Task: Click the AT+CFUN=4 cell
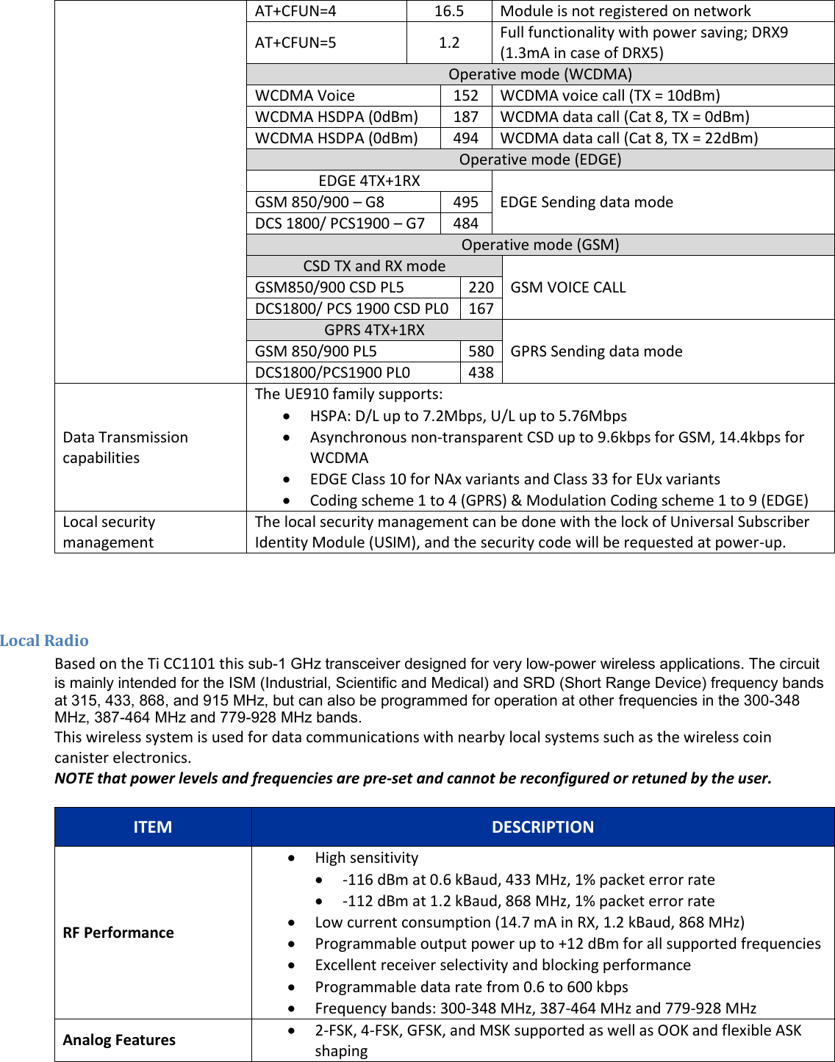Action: tap(295, 11)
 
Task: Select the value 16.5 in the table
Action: tap(449, 11)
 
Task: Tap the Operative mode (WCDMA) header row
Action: tap(540, 74)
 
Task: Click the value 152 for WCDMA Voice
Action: tap(466, 96)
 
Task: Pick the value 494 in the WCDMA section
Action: tap(466, 138)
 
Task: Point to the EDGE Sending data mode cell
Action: tap(587, 202)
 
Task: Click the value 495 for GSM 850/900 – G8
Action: tap(466, 202)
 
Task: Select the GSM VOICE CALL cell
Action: tap(568, 287)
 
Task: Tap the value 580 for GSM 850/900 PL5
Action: tap(481, 351)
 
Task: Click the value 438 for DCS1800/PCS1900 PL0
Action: tap(481, 373)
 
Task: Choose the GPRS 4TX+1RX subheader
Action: tap(374, 330)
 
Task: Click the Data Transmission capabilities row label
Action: tap(126, 448)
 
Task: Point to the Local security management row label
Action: tap(109, 532)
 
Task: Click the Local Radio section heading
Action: tap(44, 640)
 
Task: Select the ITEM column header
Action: tap(153, 827)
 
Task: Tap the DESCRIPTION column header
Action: tap(542, 827)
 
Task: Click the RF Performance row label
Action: tap(118, 933)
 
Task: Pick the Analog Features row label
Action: tap(119, 1040)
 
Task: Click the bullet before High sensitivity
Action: tap(293, 858)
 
